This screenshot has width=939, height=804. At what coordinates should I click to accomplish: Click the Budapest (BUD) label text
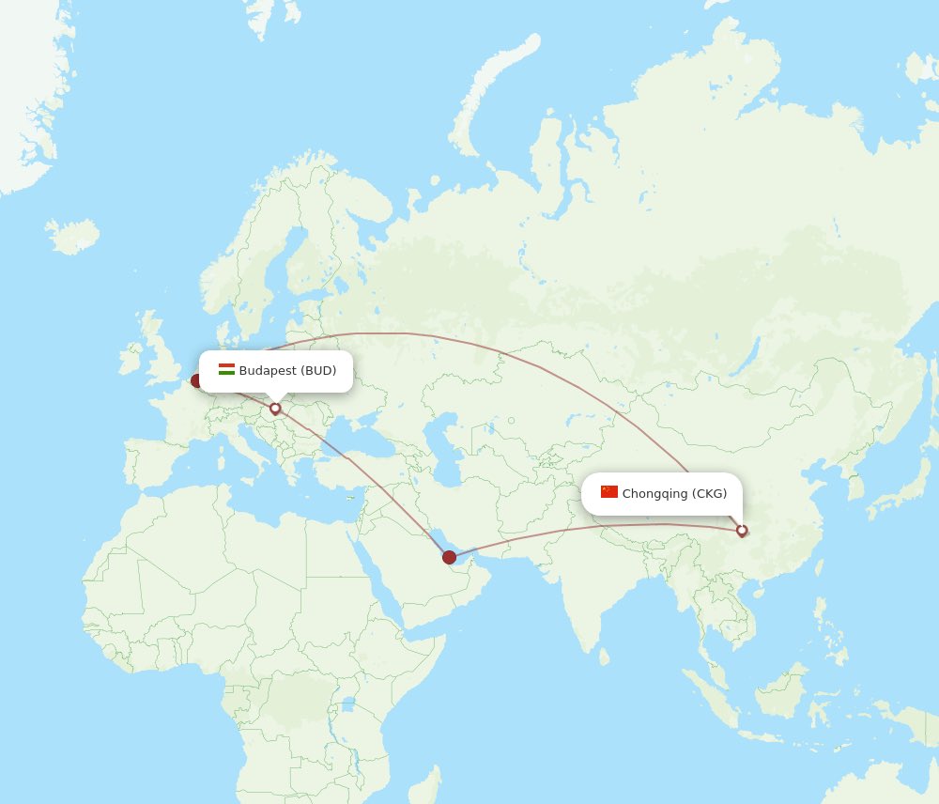[287, 371]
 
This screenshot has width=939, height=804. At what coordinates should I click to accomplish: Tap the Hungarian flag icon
[226, 370]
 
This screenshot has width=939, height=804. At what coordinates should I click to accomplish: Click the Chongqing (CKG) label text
[674, 494]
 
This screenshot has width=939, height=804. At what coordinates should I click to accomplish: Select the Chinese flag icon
[609, 492]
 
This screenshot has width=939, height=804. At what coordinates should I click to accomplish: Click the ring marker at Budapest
[275, 409]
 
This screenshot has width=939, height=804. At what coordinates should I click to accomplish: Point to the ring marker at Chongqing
[742, 531]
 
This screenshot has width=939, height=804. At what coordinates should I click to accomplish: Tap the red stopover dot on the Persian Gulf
[450, 558]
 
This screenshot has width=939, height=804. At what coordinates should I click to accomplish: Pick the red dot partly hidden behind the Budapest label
[196, 380]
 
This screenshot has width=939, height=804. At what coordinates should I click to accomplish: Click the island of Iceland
[73, 236]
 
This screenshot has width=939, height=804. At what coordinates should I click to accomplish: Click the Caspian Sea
[440, 441]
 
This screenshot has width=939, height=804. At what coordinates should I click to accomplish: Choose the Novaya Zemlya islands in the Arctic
[493, 94]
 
